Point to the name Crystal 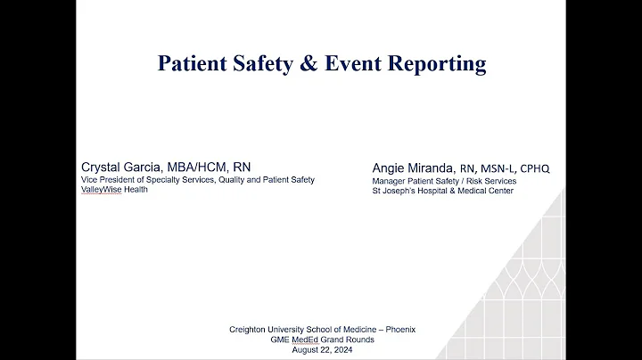pos(104,168)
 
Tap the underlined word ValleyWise pos(101,189)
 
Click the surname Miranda pos(436,168)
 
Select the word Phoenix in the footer pos(399,330)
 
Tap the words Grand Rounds pos(341,340)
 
